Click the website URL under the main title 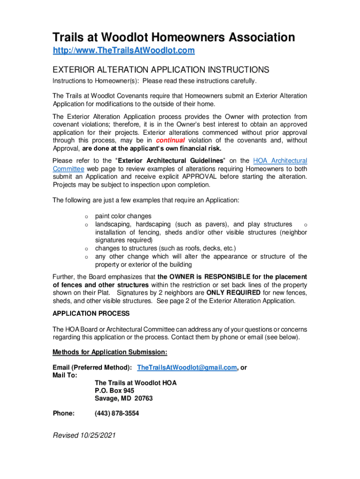[123, 50]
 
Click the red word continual [170, 140]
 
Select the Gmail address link [187, 368]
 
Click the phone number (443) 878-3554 [116, 414]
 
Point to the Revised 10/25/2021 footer [84, 435]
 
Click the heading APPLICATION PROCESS [91, 313]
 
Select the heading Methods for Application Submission [110, 352]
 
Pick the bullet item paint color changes [123, 216]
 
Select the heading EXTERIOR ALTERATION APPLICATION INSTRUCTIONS [161, 70]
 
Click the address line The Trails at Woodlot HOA [136, 383]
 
